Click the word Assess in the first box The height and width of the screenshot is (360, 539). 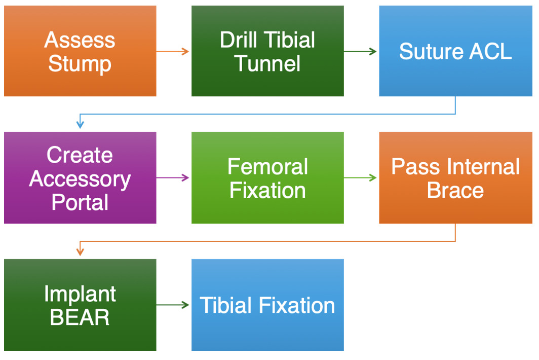[80, 40]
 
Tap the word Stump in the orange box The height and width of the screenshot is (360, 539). [80, 64]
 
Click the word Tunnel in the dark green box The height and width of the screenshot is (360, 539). [267, 64]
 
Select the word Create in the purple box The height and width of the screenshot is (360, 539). [80, 155]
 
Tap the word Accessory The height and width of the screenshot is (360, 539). [80, 179]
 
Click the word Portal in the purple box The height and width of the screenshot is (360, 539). [80, 202]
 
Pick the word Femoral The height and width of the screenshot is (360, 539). [267, 167]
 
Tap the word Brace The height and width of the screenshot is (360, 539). [455, 191]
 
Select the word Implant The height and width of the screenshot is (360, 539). [80, 294]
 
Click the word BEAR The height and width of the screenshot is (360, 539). [80, 318]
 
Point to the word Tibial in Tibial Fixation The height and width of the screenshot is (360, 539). [226, 306]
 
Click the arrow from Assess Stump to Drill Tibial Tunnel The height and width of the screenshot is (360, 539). [173, 51]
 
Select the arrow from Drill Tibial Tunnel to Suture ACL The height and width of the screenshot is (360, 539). [360, 51]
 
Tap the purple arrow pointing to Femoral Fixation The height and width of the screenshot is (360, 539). [173, 177]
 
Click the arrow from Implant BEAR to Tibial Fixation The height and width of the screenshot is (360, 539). [173, 305]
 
